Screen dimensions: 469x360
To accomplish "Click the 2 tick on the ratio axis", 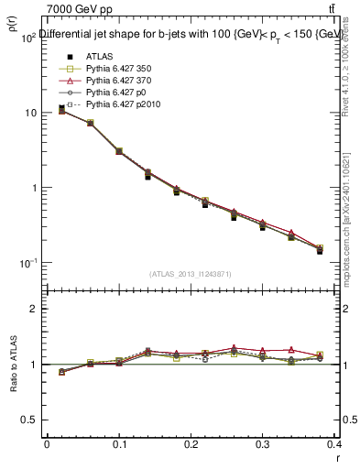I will tap(34, 309).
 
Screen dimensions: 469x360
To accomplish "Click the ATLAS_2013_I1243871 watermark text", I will tap(190, 274).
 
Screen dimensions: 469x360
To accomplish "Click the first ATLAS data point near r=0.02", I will tap(61, 108).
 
